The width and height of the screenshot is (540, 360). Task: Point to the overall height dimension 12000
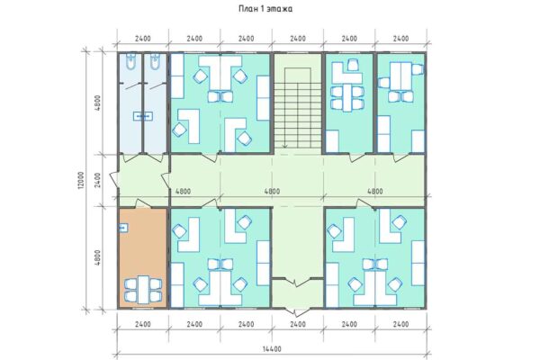point(81,180)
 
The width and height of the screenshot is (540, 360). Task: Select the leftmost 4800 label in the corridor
point(183,191)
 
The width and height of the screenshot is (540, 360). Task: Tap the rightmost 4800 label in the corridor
point(375,191)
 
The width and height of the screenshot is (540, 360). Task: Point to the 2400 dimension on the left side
point(96,180)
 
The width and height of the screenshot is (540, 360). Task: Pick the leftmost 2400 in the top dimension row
point(143,40)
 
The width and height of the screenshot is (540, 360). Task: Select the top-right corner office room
point(400,103)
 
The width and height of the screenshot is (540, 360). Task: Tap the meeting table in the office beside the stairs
point(348,94)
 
